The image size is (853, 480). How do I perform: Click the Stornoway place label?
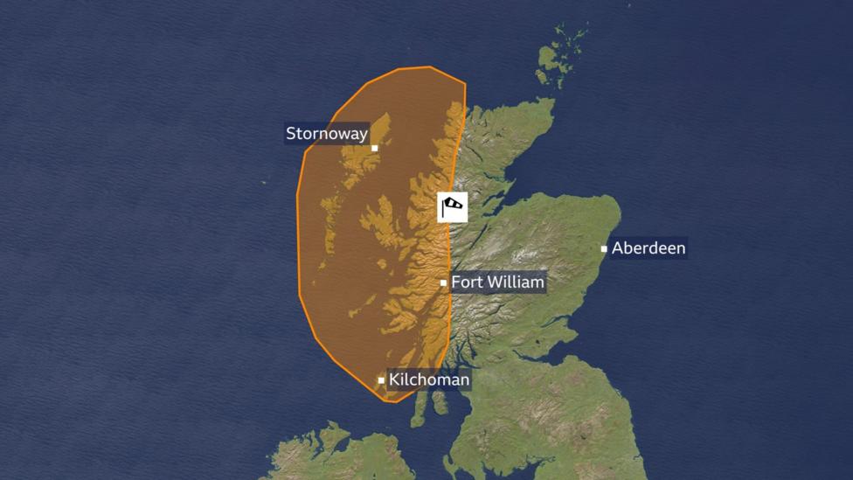(x=327, y=134)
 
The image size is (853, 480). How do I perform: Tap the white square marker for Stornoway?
(x=375, y=148)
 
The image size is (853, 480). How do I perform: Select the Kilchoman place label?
(x=429, y=379)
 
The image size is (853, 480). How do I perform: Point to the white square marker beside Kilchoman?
(x=381, y=380)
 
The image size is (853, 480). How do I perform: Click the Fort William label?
(x=497, y=282)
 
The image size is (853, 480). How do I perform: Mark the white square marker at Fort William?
(x=444, y=282)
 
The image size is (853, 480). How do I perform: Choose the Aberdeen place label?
(x=648, y=248)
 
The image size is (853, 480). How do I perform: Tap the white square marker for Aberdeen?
(x=604, y=249)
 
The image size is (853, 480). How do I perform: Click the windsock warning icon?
(x=453, y=207)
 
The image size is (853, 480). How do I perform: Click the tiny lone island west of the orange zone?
(x=263, y=183)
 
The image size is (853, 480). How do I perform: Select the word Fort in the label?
(x=466, y=282)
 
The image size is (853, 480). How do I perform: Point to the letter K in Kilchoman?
(x=394, y=379)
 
